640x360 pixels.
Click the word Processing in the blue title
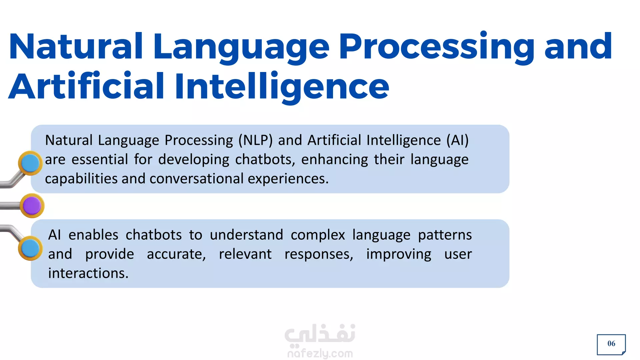437,47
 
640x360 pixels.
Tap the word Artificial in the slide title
86,86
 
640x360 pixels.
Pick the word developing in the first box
194,160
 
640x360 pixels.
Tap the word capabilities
81,179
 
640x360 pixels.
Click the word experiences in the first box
288,179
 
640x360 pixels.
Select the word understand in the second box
246,235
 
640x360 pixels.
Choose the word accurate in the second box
176,255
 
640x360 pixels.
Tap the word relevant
245,254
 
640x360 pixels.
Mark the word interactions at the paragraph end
88,273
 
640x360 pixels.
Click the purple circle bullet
32,206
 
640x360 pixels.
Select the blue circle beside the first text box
30,163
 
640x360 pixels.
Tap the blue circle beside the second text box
30,248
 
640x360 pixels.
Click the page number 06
611,344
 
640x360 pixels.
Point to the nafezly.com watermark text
320,353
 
